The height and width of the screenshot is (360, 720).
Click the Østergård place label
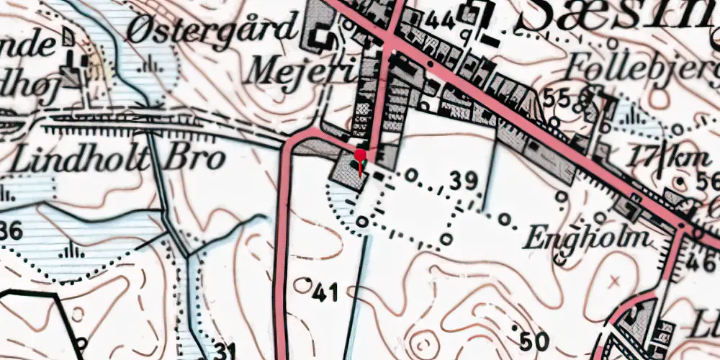[x=213, y=30]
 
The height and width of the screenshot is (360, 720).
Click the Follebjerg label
[x=641, y=68]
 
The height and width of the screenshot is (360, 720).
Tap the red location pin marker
[x=360, y=156]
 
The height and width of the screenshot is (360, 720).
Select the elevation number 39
[x=464, y=180]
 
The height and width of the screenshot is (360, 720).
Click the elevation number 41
[x=325, y=292]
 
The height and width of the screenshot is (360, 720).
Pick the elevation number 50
[x=534, y=340]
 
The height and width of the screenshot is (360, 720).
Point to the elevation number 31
[x=226, y=351]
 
